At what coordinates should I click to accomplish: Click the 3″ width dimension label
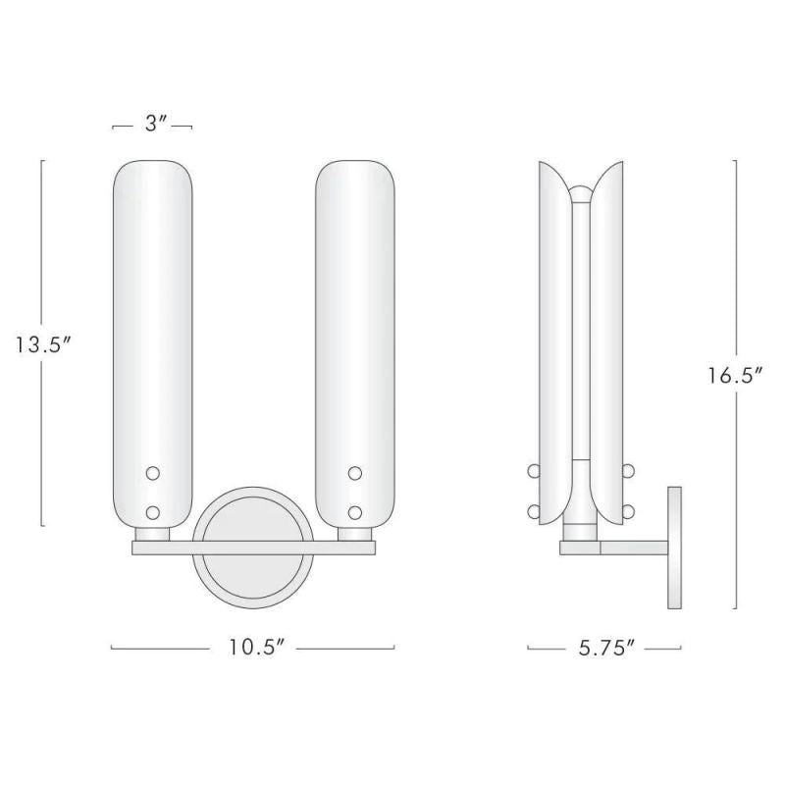click(x=152, y=125)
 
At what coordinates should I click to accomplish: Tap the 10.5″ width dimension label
click(x=252, y=648)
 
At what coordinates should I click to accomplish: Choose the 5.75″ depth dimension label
click(x=603, y=648)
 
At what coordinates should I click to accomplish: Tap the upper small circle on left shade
click(x=152, y=473)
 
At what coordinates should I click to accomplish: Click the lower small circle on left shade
click(x=152, y=511)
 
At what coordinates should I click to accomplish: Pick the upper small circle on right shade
click(x=354, y=473)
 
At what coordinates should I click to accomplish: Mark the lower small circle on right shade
click(x=354, y=511)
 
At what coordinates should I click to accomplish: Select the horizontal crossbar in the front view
click(x=253, y=549)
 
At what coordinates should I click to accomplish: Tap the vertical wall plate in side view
click(x=674, y=547)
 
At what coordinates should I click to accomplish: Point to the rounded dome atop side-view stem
click(x=581, y=192)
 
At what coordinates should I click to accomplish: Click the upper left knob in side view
click(x=534, y=472)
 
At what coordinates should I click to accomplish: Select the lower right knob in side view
click(x=629, y=511)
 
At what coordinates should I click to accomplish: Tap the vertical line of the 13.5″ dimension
click(x=42, y=245)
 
